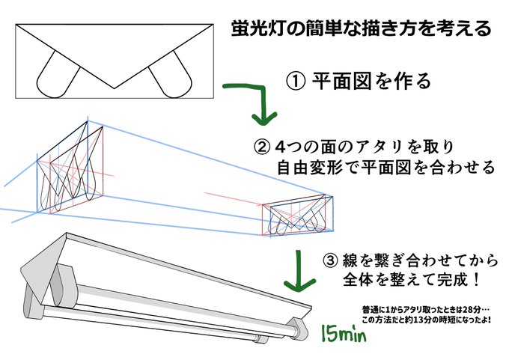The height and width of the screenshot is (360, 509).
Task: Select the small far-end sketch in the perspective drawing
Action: (x=295, y=216)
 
